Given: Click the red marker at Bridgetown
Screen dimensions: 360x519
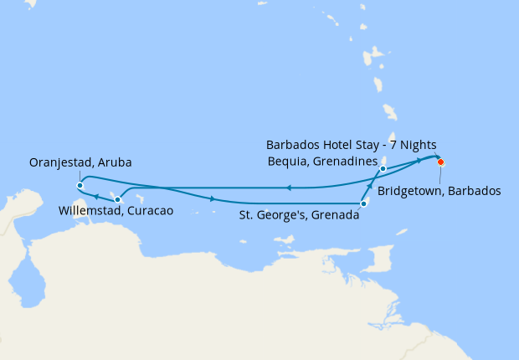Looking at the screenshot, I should click(x=440, y=162).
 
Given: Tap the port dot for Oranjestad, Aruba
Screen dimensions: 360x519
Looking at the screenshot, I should click(x=79, y=185).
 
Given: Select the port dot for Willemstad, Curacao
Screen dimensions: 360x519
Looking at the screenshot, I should click(x=117, y=199).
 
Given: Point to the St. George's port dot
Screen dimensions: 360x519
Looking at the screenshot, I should click(x=363, y=203).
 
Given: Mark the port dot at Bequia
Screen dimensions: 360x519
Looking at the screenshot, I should click(x=383, y=169).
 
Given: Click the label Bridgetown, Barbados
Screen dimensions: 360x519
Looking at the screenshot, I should click(x=439, y=191).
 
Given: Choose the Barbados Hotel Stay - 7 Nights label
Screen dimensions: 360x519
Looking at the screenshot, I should click(x=351, y=145).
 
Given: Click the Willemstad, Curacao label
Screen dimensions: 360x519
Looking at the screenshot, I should click(x=116, y=211).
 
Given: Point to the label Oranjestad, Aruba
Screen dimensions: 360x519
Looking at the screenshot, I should click(x=80, y=162).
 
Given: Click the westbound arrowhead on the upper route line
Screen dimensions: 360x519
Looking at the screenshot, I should click(x=288, y=188).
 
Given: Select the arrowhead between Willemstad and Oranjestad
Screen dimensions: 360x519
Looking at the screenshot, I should click(x=96, y=197).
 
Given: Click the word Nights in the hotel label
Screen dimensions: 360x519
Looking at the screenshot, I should click(x=417, y=145).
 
